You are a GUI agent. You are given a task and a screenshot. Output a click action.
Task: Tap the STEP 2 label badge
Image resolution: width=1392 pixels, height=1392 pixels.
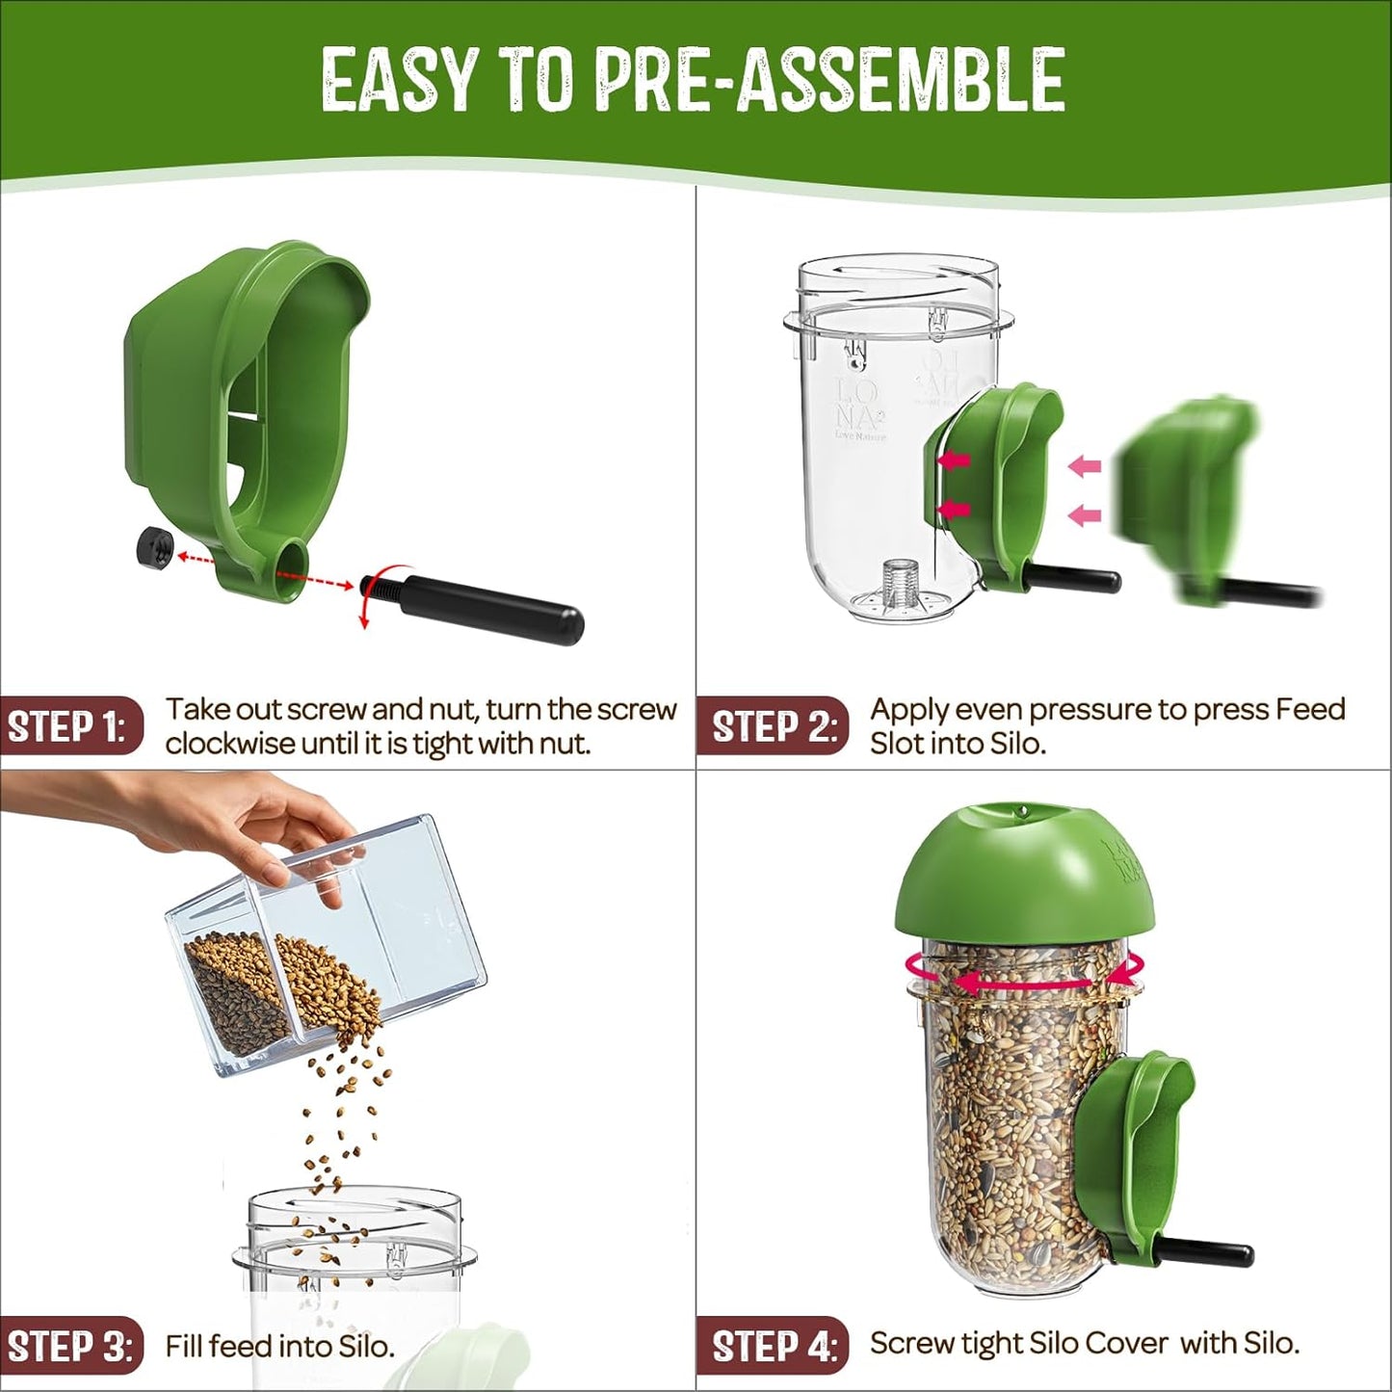tap(774, 726)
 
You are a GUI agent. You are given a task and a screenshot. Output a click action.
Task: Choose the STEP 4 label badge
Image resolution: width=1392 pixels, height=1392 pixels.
tap(774, 1345)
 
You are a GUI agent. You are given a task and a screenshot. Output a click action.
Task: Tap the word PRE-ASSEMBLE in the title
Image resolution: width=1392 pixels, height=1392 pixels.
tap(830, 79)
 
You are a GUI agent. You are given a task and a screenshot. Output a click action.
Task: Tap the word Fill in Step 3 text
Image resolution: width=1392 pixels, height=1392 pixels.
tap(185, 1345)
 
